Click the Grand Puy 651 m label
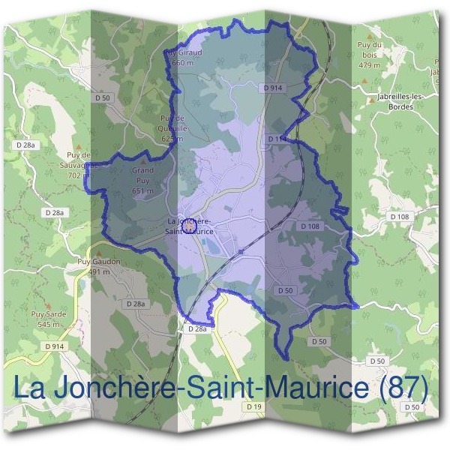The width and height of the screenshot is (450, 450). coord(142,180)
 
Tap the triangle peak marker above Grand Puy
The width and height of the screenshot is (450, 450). coord(142,161)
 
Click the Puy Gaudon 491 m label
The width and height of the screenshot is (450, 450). coord(99,266)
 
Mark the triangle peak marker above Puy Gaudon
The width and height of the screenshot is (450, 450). coord(98,252)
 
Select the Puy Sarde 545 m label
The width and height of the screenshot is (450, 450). coord(49,319)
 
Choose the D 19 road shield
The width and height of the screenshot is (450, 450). coord(255,406)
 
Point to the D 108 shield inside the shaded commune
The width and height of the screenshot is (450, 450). coord(310,226)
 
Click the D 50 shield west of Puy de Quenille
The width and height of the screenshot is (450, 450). coord(103,98)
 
